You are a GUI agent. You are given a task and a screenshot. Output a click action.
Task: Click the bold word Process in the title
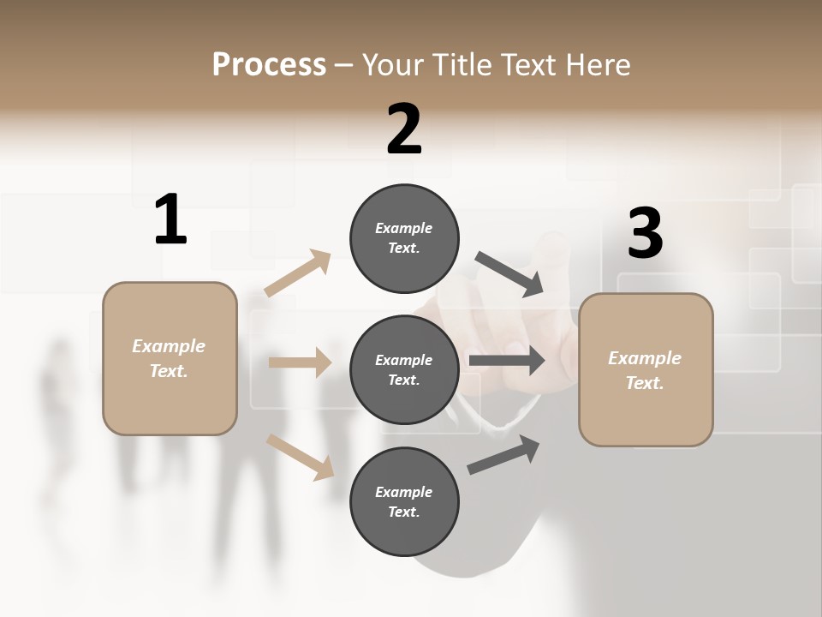pos(269,65)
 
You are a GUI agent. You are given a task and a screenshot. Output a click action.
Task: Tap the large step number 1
pos(170,219)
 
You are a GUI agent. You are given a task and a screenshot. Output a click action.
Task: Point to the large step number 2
pos(404,129)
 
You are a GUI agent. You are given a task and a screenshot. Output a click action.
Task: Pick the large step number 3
pos(645,234)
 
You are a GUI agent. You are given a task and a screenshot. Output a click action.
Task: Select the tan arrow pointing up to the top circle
pos(298,273)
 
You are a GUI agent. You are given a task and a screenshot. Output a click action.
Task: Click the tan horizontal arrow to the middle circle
pos(300,362)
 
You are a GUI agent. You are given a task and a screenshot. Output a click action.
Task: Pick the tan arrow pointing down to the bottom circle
pos(301,456)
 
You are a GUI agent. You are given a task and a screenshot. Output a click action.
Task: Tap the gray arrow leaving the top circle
pos(509,274)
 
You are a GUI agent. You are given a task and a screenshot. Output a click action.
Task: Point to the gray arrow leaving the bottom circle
pos(504,454)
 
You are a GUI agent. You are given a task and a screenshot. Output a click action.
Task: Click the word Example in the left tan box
pos(169,346)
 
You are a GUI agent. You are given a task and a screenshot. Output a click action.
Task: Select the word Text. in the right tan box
pos(645,383)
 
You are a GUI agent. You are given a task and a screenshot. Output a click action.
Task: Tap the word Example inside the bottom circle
pos(404,492)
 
